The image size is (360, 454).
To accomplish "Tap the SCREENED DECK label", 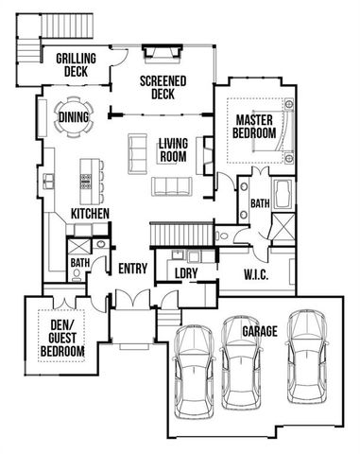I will (x=163, y=88).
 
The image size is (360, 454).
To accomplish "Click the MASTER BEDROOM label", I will (x=255, y=128).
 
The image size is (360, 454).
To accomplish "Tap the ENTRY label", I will (x=133, y=269).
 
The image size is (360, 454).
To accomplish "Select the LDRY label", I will (x=186, y=273).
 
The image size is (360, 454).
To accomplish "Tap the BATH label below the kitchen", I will (x=79, y=263).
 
